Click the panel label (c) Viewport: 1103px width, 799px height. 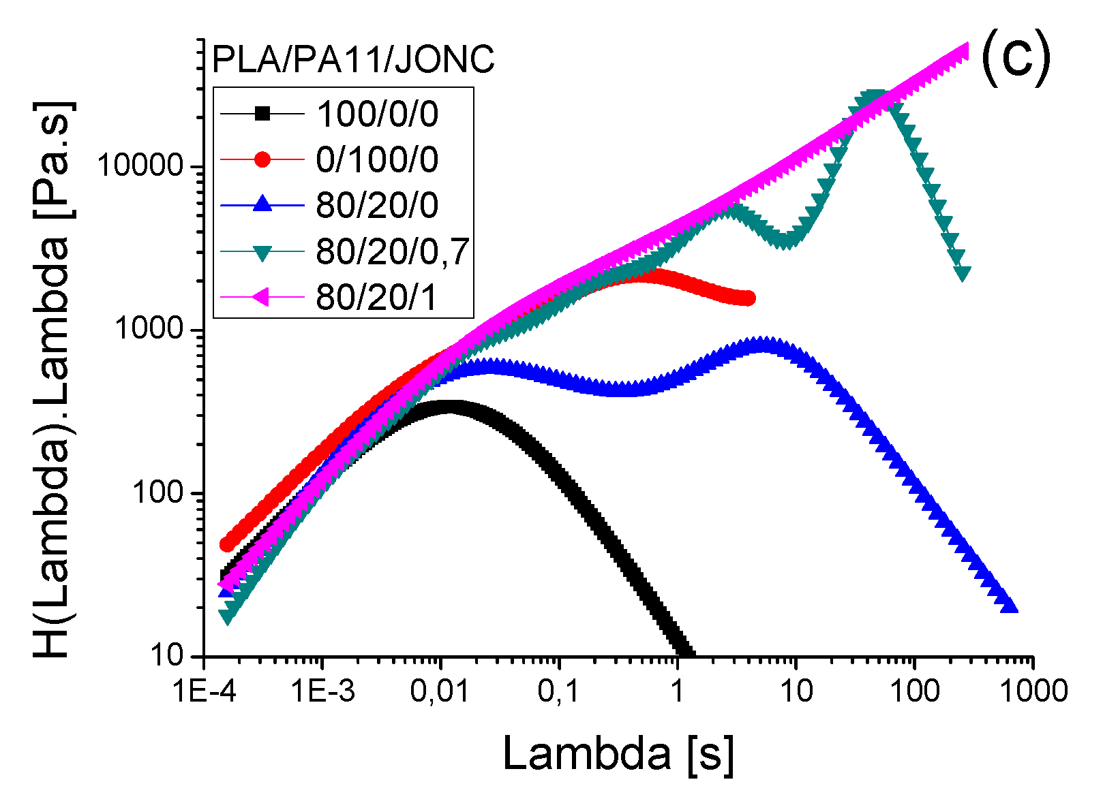1015,59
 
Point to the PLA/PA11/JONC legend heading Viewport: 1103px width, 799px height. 353,59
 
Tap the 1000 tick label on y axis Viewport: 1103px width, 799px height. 149,329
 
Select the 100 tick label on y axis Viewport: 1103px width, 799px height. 158,492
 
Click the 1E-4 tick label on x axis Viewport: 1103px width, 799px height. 204,691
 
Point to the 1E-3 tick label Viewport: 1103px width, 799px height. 322,691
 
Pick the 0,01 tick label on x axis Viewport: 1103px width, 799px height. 440,691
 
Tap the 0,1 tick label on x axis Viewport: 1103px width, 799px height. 558,691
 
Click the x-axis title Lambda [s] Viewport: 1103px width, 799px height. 618,753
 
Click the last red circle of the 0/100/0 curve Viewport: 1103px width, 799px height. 748,298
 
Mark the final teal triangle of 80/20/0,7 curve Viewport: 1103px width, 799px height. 963,273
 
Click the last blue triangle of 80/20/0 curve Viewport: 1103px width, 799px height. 1010,606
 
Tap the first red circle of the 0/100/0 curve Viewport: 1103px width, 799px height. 227,545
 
